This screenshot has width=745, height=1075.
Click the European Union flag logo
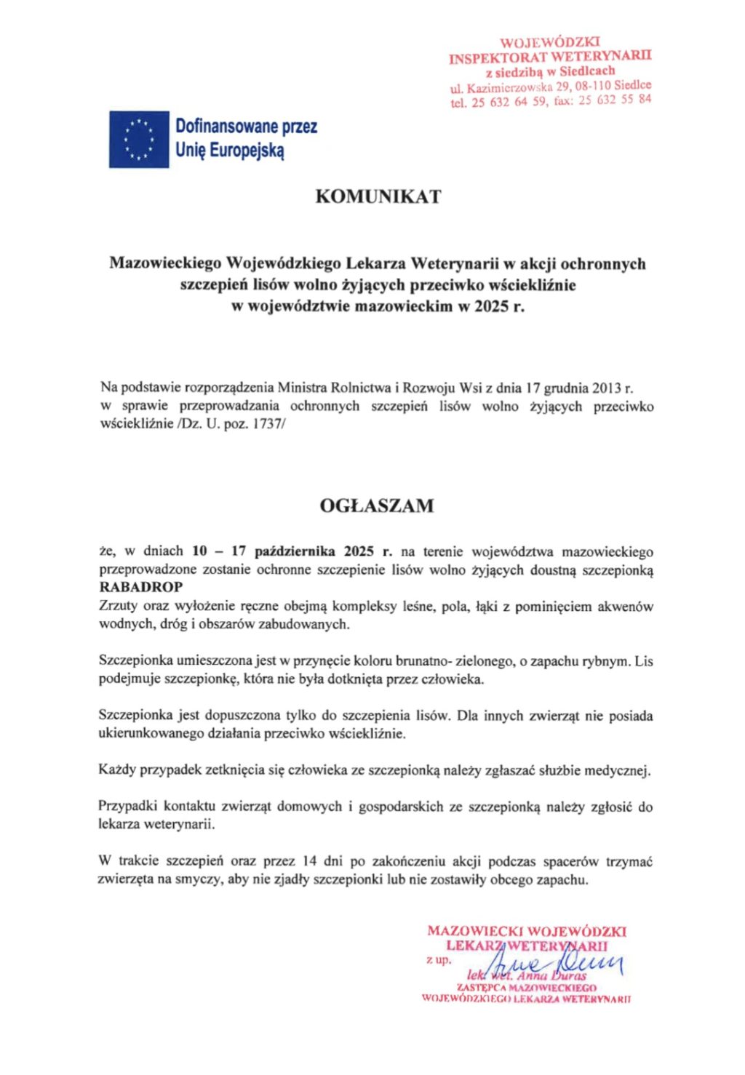[x=139, y=139]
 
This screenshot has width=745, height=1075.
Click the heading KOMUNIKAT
[x=378, y=196]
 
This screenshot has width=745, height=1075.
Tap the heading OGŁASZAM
[x=377, y=505]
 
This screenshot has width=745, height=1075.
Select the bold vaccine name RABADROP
[x=141, y=587]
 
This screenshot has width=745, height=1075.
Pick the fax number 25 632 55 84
[x=615, y=100]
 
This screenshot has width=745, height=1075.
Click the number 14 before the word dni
[x=309, y=861]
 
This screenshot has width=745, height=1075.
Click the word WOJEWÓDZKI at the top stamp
[x=551, y=43]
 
